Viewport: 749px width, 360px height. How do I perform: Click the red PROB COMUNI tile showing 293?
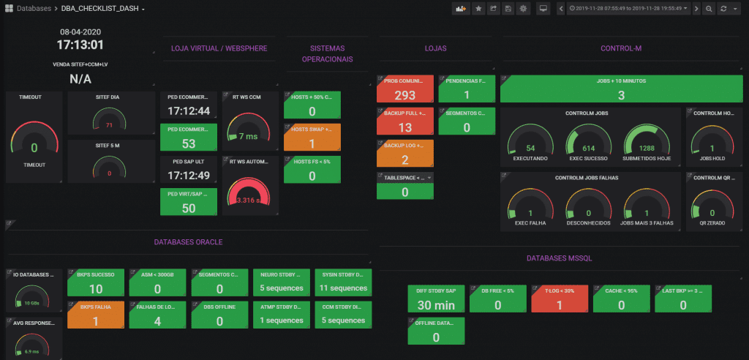pos(405,89)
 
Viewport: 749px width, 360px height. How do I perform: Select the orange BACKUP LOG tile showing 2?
pos(405,154)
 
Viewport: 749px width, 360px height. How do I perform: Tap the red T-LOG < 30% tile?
pos(560,299)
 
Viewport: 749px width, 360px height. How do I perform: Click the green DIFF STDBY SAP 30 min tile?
pos(436,299)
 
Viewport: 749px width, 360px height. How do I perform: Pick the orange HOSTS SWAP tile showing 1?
pos(312,138)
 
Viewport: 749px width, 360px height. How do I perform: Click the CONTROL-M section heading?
pos(620,49)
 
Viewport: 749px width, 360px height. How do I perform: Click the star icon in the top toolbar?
pos(478,9)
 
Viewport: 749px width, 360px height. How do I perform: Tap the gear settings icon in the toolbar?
pos(522,9)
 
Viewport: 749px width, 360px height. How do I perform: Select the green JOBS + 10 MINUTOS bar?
pos(620,89)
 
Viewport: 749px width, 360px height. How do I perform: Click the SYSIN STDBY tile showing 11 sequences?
pos(343,283)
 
